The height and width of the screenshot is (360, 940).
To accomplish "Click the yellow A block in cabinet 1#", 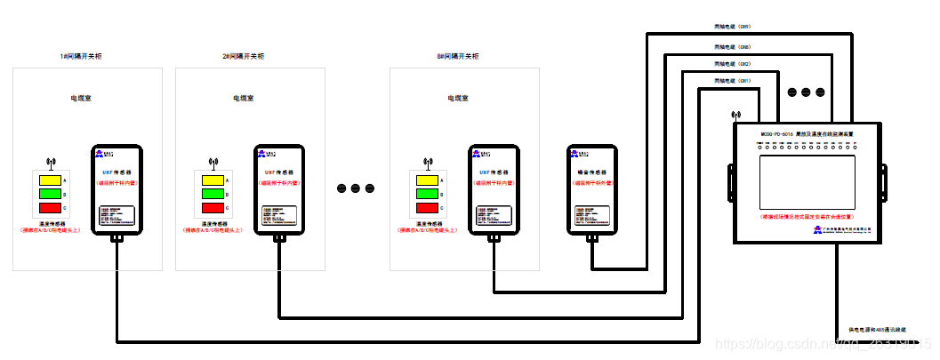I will tap(51, 180).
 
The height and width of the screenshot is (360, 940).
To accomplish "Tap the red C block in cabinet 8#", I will tap(427, 208).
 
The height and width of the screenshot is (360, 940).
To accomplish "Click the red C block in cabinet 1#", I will tap(51, 208).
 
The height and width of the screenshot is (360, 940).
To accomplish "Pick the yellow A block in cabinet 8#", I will tap(427, 180).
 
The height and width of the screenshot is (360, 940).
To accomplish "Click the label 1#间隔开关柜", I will tap(81, 56).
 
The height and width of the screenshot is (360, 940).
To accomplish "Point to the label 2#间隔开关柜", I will tap(243, 56).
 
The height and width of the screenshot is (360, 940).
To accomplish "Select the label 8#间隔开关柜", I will tap(457, 56).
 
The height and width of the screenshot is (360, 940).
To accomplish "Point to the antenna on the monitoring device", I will tap(735, 116).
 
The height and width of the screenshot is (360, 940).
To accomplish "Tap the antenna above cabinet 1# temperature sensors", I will tap(51, 163).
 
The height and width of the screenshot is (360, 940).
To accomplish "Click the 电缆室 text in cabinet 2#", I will tap(243, 98).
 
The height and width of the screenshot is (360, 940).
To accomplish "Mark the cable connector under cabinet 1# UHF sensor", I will tap(116, 238).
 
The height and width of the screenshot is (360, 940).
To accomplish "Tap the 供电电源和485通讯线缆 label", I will tap(876, 330).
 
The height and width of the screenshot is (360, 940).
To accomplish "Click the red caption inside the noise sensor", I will tap(591, 182).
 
